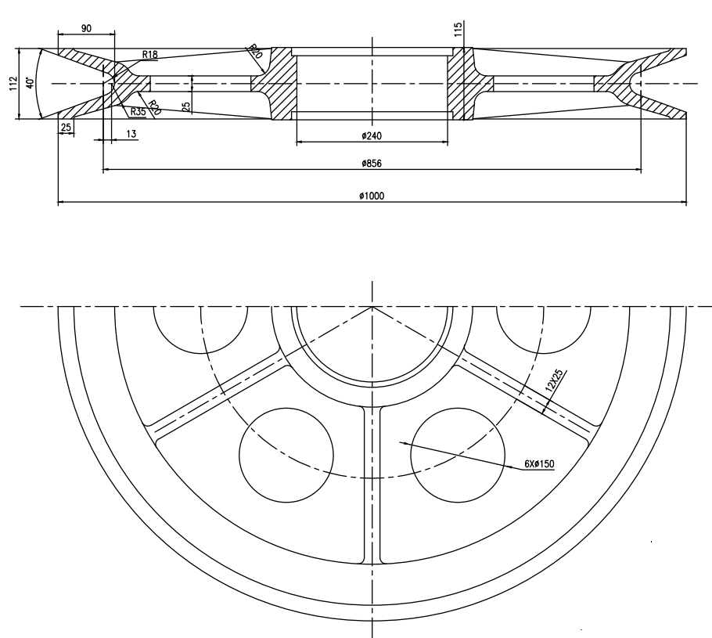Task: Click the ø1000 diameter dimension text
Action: point(372,196)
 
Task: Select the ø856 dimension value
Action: point(372,164)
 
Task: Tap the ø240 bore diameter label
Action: point(372,135)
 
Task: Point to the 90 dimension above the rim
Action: point(86,27)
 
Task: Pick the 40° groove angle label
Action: point(31,84)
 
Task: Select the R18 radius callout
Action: point(150,55)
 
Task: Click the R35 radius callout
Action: point(138,111)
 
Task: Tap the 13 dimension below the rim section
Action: point(130,135)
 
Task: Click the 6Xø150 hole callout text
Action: point(539,464)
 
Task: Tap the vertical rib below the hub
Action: point(372,485)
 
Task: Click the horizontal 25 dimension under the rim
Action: point(66,127)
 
